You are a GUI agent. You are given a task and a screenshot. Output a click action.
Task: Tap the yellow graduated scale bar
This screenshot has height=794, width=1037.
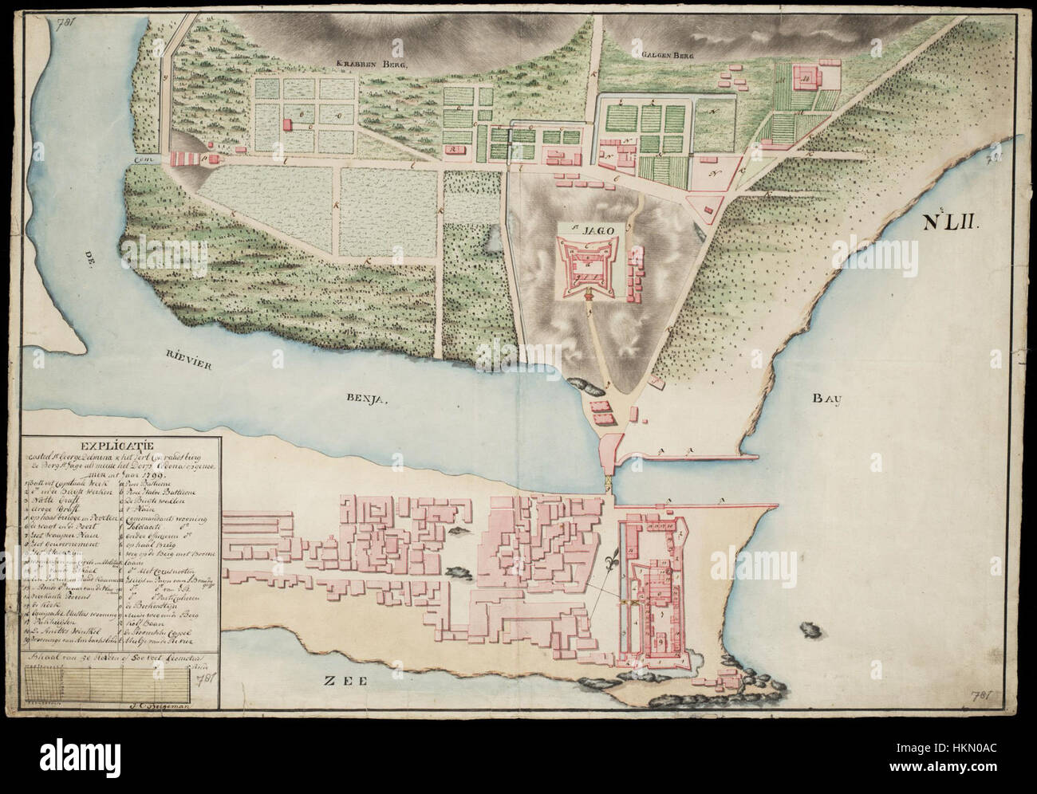(x=108, y=681)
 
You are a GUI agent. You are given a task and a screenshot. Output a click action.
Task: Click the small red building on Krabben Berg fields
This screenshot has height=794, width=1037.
(x=286, y=126)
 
